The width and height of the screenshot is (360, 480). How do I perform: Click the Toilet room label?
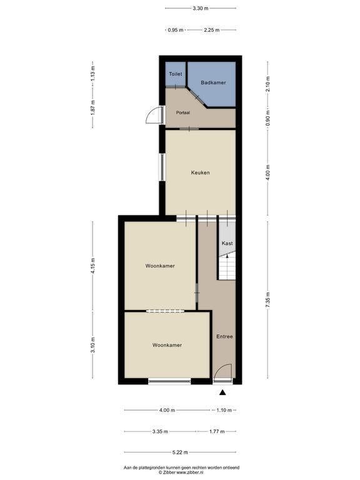(176, 74)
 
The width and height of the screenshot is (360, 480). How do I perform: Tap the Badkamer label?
(213, 82)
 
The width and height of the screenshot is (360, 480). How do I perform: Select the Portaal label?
(183, 112)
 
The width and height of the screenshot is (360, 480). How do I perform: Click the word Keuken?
(201, 172)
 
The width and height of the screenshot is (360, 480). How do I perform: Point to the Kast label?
(227, 243)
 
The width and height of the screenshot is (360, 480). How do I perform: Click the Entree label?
(225, 337)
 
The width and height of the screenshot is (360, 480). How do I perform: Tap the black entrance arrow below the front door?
(222, 392)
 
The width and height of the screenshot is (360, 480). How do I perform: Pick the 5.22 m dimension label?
(180, 452)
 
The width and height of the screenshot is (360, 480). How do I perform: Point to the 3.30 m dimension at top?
(201, 9)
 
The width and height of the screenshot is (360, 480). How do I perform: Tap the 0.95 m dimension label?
(176, 30)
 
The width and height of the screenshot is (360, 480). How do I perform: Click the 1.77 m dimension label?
(217, 432)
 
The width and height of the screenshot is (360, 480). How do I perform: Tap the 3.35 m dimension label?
(160, 432)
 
